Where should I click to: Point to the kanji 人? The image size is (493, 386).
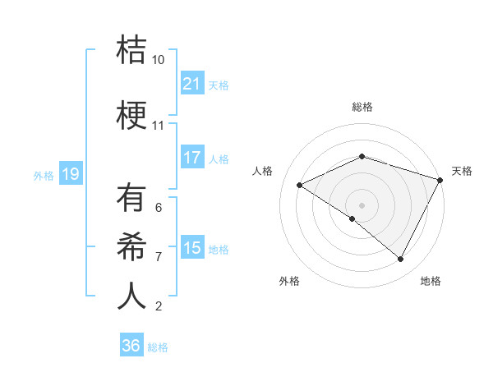pyautogui.click(x=131, y=296)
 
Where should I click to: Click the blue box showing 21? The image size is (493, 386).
pyautogui.click(x=191, y=84)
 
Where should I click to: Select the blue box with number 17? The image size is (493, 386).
pyautogui.click(x=191, y=158)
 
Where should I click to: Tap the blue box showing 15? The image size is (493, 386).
pyautogui.click(x=191, y=248)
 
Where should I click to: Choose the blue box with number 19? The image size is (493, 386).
pyautogui.click(x=70, y=173)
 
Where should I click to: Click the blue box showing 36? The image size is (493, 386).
pyautogui.click(x=131, y=346)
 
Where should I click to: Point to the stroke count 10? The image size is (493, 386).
pyautogui.click(x=158, y=60)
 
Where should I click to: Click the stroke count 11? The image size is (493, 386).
pyautogui.click(x=158, y=126)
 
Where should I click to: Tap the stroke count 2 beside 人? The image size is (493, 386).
pyautogui.click(x=158, y=306)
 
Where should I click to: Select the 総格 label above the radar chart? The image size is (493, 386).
pyautogui.click(x=362, y=108)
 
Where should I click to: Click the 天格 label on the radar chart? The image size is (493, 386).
pyautogui.click(x=463, y=171)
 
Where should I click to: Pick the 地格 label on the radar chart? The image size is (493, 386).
pyautogui.click(x=431, y=282)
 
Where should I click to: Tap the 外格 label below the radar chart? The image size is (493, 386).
pyautogui.click(x=289, y=282)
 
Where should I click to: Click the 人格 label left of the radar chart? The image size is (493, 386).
pyautogui.click(x=262, y=171)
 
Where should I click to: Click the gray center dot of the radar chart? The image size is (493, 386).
pyautogui.click(x=362, y=204)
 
